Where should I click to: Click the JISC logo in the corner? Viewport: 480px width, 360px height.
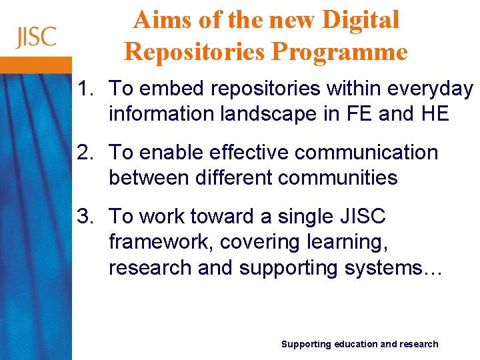point(37,37)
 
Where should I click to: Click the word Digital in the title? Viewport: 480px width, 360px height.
point(361,20)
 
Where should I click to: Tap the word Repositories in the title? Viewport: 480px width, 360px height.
point(193,51)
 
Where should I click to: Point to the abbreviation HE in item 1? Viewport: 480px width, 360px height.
point(435,114)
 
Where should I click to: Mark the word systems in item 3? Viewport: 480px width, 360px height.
point(381,267)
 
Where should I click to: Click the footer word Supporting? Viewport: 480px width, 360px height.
point(306,344)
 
